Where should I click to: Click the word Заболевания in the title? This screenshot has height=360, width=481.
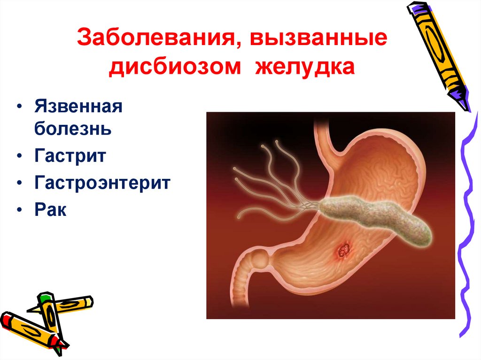click(x=157, y=38)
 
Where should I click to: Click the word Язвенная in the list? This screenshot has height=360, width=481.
click(x=78, y=107)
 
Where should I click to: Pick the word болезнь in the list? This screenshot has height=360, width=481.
click(x=72, y=128)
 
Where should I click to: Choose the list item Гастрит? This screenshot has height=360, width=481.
click(x=70, y=156)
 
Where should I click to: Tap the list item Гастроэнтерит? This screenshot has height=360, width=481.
click(x=101, y=183)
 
